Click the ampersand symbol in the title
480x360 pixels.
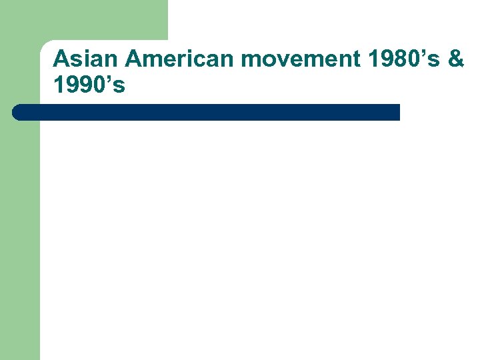coord(456,59)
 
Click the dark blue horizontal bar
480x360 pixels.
coord(207,112)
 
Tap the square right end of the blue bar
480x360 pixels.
coord(397,112)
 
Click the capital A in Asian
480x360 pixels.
coord(61,59)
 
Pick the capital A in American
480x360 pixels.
coord(134,59)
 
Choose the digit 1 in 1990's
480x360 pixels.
coord(59,85)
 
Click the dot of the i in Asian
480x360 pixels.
coord(89,51)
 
